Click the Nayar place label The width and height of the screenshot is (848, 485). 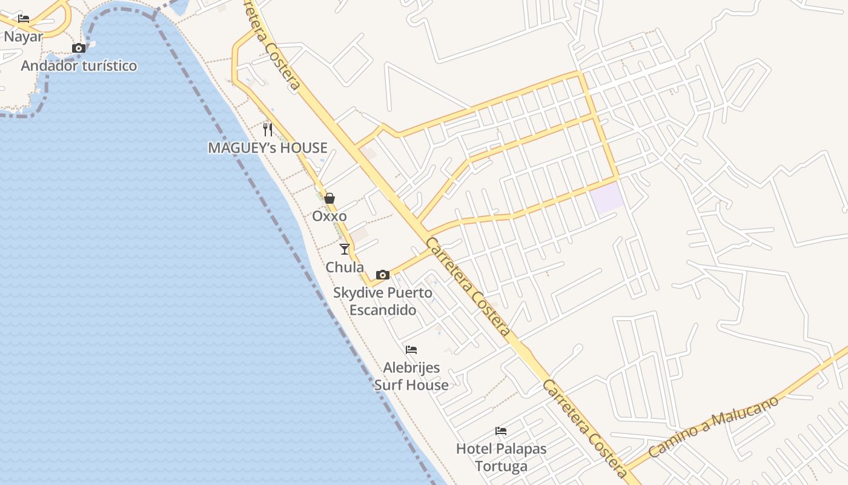(x=24, y=36)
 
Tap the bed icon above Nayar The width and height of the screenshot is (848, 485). (x=24, y=19)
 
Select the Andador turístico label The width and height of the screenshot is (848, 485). (x=79, y=65)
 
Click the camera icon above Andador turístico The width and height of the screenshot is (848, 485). (x=78, y=48)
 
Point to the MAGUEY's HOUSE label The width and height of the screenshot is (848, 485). (x=267, y=147)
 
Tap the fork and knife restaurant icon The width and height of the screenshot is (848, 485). (x=268, y=129)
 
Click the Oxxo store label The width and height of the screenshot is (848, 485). (x=330, y=216)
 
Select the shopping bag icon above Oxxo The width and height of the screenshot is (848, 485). (x=330, y=198)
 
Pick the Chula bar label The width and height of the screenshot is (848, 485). (x=345, y=267)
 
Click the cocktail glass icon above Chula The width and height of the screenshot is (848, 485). (x=345, y=249)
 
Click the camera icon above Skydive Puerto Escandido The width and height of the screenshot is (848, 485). (x=382, y=275)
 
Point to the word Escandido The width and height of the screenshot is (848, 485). (x=382, y=310)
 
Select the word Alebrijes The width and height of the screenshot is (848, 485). (x=411, y=367)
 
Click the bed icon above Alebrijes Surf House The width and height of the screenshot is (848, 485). (x=411, y=349)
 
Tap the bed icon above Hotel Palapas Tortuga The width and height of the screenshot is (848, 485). (x=501, y=431)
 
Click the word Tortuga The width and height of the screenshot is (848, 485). (x=501, y=466)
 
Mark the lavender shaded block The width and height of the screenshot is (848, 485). (x=608, y=198)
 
